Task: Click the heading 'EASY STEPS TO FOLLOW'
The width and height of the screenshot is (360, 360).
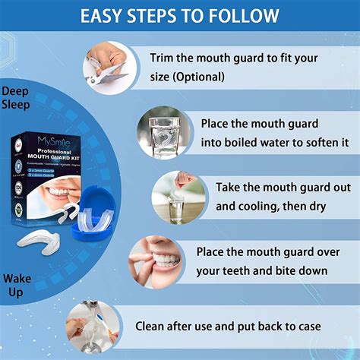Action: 179,15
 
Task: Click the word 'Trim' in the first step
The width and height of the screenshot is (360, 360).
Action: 164,58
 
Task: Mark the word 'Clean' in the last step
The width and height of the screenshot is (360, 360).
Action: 153,327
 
